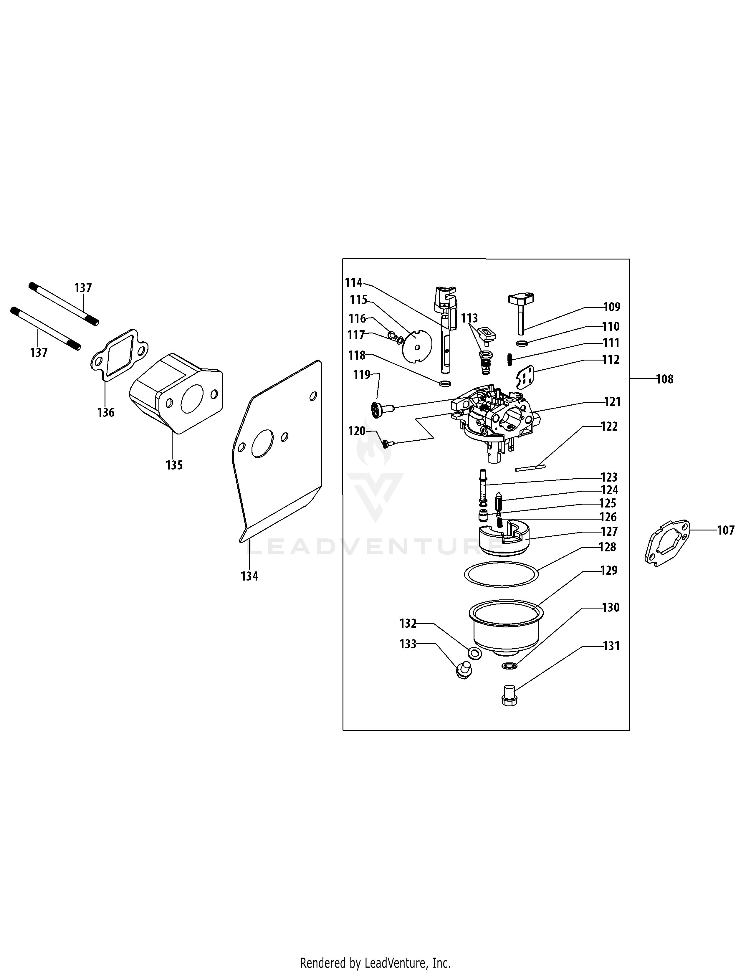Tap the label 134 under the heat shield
pos(249,576)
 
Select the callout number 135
pos(174,465)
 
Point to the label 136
pos(106,413)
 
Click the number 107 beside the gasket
pos(726,530)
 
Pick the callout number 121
pos(612,401)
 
